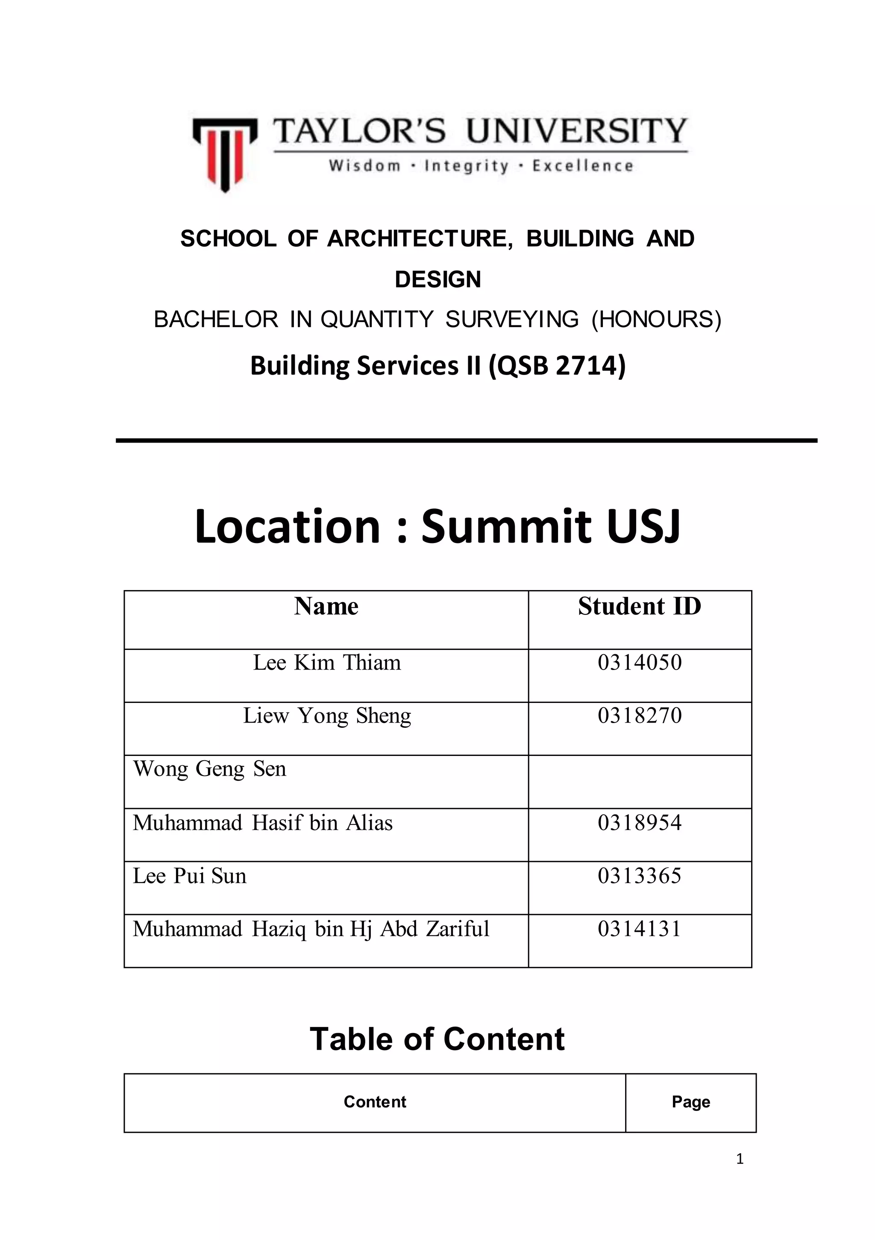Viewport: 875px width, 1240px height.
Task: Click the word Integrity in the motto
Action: click(467, 166)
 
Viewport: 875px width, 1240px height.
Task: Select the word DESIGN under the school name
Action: click(438, 280)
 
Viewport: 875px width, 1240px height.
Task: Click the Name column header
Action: click(326, 606)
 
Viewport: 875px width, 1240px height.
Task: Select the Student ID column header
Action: click(640, 606)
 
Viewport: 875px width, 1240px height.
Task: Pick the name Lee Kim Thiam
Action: click(327, 663)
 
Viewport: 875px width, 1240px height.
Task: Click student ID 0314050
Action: click(640, 663)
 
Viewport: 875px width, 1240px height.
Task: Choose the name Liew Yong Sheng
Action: click(327, 716)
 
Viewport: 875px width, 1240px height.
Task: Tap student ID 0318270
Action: click(640, 716)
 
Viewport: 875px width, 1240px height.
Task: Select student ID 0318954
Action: click(640, 823)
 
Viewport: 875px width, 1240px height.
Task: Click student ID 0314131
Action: click(640, 928)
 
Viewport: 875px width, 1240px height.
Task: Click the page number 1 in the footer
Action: click(740, 1158)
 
